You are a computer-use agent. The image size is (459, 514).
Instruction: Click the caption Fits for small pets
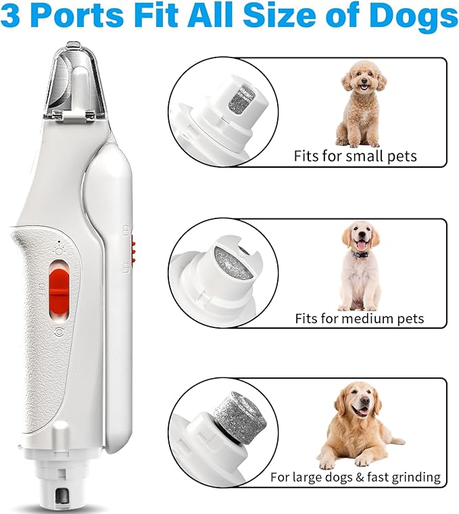(x=355, y=156)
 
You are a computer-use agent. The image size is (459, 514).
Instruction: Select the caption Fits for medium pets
(x=359, y=318)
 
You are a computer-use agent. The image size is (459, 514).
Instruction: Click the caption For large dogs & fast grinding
(x=355, y=477)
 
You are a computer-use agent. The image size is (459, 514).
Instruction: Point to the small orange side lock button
(x=133, y=250)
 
